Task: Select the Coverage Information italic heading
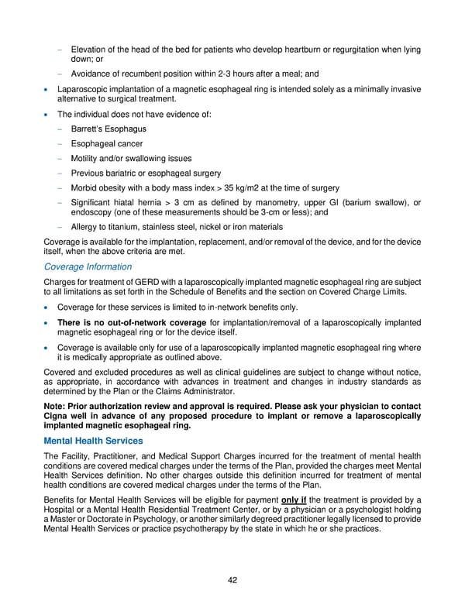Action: coord(89,266)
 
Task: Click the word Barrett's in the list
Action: coord(88,129)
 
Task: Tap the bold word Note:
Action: coord(57,405)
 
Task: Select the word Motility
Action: coord(88,159)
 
